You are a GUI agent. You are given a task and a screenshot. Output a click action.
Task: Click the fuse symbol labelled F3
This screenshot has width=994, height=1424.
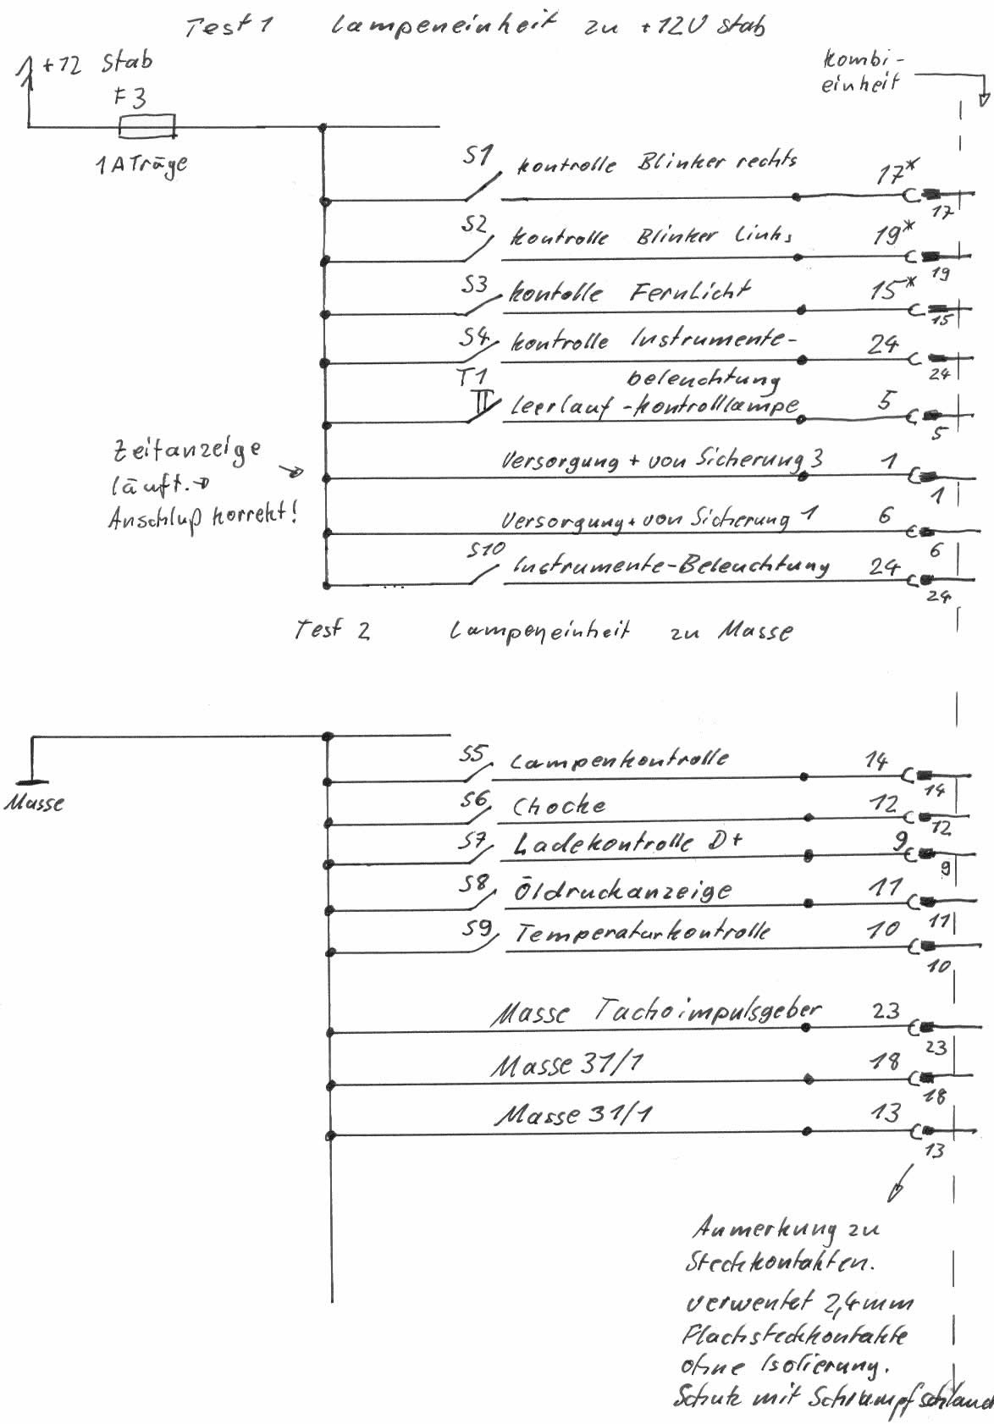pos(147,127)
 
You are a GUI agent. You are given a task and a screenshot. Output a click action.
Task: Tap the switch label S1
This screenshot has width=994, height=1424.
pos(478,156)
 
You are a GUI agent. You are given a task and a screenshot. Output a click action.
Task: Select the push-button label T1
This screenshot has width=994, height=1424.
pos(472,376)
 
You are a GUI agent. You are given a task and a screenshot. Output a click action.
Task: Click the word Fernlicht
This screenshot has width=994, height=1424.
pos(689,292)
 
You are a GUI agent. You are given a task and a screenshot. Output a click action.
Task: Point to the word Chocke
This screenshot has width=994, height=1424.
pos(559,806)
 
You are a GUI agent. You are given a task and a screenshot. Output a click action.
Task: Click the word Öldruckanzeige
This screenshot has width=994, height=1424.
pos(622,891)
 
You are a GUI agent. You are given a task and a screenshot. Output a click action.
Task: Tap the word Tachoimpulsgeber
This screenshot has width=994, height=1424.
pos(707,1009)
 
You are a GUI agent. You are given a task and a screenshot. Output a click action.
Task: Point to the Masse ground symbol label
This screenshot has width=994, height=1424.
pos(35,803)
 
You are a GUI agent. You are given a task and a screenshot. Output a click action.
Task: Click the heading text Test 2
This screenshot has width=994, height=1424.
pos(332,630)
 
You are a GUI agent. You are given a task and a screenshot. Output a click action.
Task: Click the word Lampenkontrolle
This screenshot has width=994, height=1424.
pos(618,759)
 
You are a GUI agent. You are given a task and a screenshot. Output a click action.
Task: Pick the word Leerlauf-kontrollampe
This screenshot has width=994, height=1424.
pos(654,407)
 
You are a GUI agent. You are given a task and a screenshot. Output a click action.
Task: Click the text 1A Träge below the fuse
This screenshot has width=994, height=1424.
pos(141,163)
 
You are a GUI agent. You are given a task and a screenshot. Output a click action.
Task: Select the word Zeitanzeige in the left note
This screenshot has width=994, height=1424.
pos(186,450)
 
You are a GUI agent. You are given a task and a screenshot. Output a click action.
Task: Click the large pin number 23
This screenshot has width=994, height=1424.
pos(886,1010)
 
